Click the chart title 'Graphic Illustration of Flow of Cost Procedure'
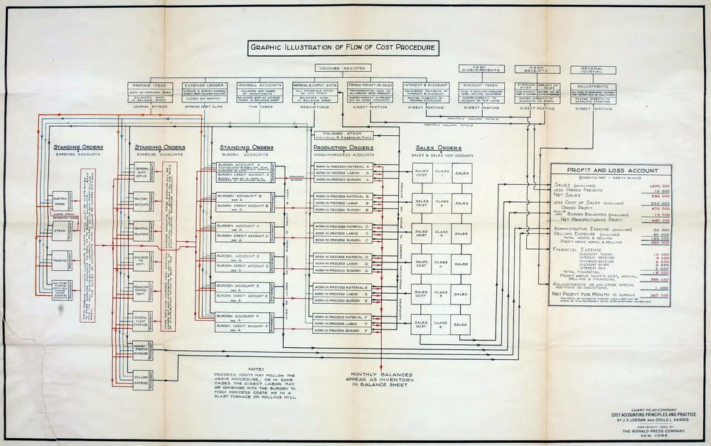[343, 49]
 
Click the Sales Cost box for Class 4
[422, 262]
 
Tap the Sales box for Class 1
[461, 174]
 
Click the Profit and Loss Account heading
[611, 171]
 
